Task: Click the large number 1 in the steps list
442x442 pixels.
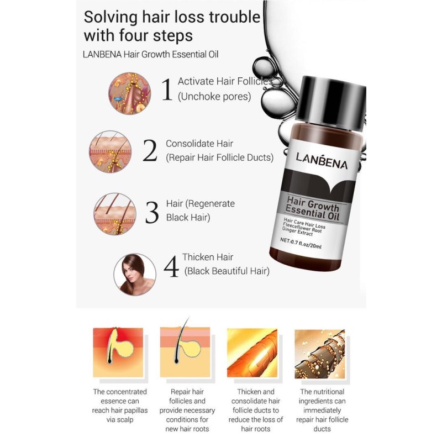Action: coord(166,90)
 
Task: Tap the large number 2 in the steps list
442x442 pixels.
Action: coord(150,150)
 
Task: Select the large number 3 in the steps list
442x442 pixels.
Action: coord(151,211)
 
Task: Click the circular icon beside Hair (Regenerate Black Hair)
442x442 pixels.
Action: coord(115,214)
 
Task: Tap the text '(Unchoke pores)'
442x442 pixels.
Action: coord(214,97)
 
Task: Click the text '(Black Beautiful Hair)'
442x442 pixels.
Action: coord(227,271)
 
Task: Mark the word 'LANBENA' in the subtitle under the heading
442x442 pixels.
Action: coord(103,54)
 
